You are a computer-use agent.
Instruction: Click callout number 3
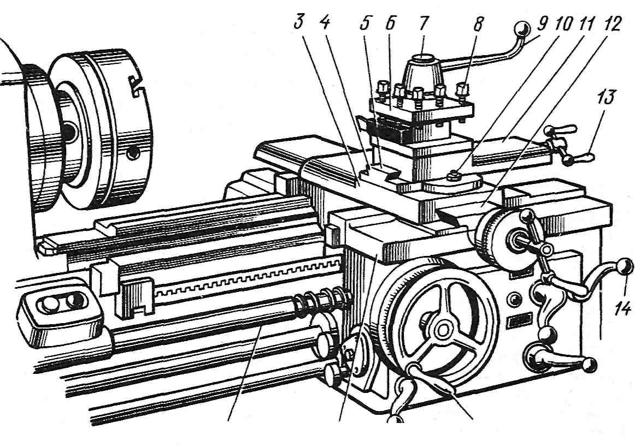(x=299, y=22)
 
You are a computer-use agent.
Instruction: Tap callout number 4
(x=325, y=22)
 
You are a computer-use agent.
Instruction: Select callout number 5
(x=365, y=23)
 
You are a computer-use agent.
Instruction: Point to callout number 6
(x=390, y=23)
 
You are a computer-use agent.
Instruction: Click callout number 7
(x=423, y=23)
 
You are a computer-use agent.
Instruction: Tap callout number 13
(x=605, y=98)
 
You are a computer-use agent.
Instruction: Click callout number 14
(x=622, y=309)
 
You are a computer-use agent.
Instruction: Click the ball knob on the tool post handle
(x=522, y=29)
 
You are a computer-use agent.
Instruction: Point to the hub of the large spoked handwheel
(x=443, y=329)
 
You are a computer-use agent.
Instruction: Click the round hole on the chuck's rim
(x=132, y=153)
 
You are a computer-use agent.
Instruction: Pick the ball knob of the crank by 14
(x=624, y=266)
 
